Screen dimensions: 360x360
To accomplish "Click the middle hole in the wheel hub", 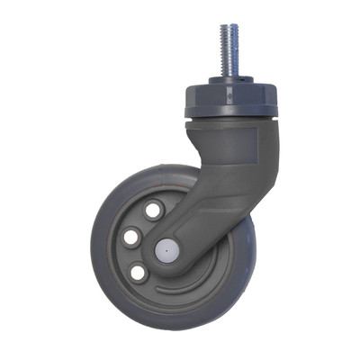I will (x=132, y=237).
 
